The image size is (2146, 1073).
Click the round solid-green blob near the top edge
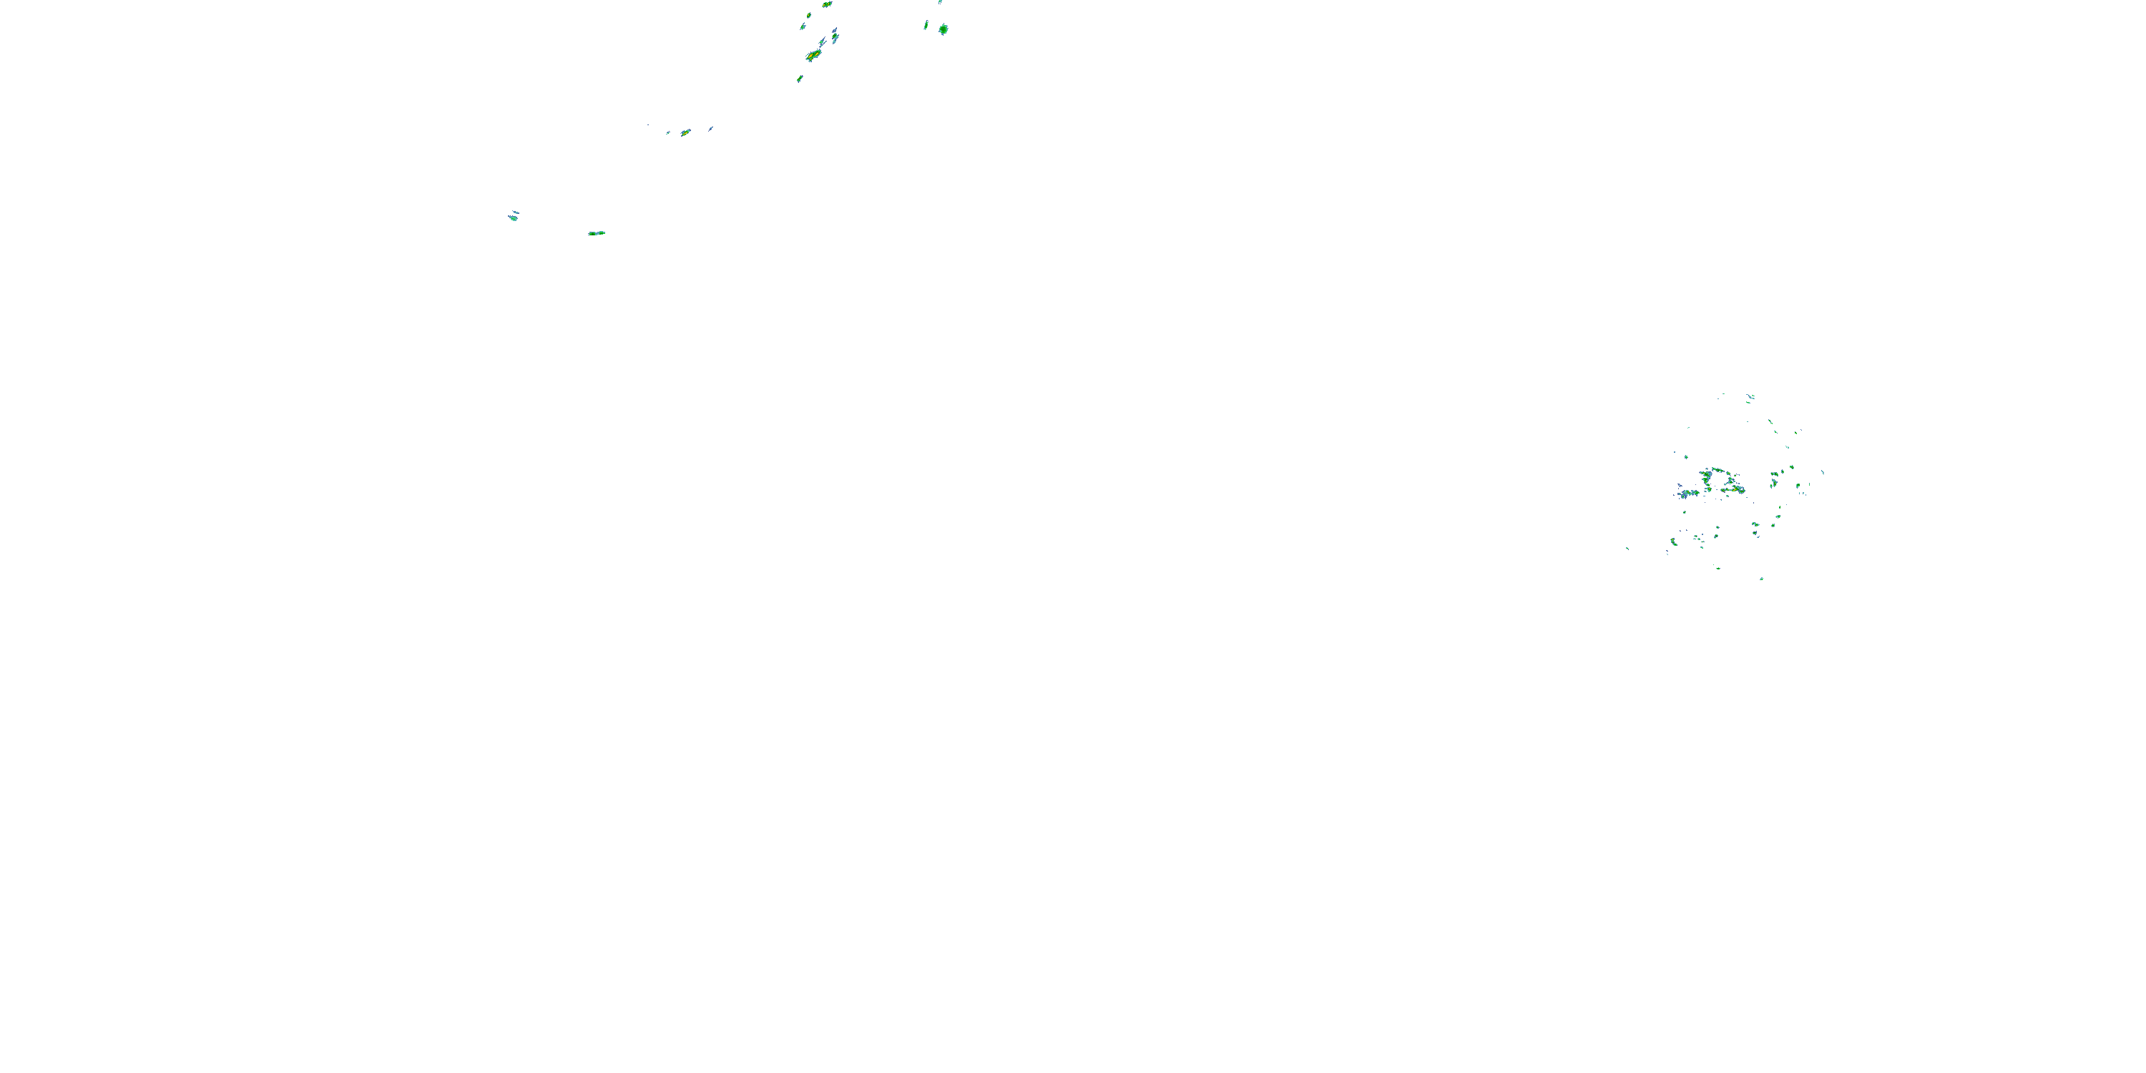(943, 29)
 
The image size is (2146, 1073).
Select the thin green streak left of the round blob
(926, 26)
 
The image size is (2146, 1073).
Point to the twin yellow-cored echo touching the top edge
(827, 4)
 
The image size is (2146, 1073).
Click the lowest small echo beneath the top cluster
(800, 79)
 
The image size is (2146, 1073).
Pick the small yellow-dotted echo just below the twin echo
(808, 16)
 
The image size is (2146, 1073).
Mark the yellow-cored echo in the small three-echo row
(685, 132)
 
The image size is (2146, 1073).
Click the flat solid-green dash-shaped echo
(597, 233)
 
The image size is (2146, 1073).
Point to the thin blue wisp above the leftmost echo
(515, 212)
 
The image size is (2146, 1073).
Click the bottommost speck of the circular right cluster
(1761, 579)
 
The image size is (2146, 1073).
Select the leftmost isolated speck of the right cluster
(1627, 548)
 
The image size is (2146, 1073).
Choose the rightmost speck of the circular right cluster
(1822, 472)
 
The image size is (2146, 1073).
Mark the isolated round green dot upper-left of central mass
(1687, 456)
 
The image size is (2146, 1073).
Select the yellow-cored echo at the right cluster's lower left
(1673, 542)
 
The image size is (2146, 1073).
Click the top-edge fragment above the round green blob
(941, 1)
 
